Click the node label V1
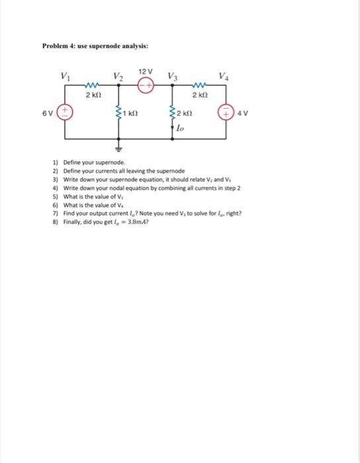65,75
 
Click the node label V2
117,75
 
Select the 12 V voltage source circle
146,85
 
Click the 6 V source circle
64,112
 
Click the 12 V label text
146,71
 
